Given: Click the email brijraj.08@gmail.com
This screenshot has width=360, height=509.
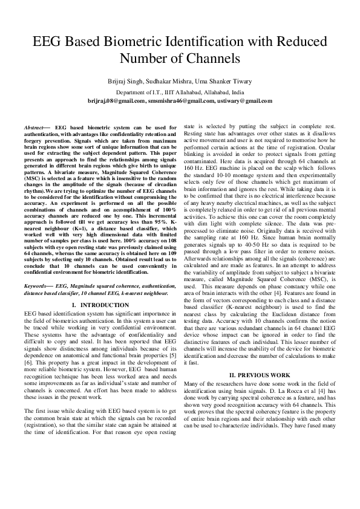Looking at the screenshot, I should click(x=116, y=101).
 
